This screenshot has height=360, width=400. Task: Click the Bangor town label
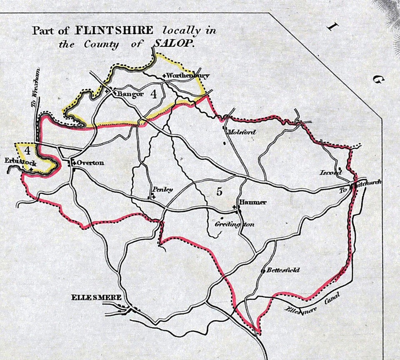(130, 94)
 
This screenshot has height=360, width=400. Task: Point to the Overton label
(90, 162)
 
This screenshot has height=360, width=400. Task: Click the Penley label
(162, 189)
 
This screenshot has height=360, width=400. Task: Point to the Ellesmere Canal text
(312, 303)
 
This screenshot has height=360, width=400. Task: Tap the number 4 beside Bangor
(153, 95)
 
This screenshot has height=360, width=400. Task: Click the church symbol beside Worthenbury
(164, 76)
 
